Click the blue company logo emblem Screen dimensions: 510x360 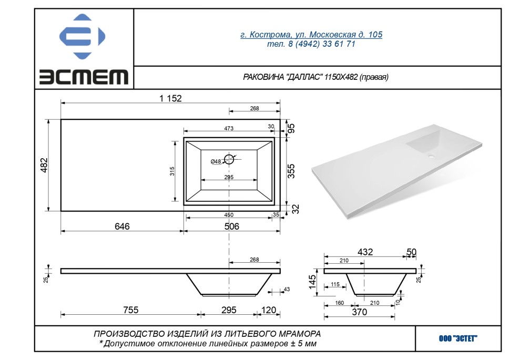pos(83,36)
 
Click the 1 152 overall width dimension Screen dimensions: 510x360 pos(170,98)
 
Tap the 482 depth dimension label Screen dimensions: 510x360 pos(44,165)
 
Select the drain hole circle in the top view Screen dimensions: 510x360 pos(229,159)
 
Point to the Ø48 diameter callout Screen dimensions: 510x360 pos(216,161)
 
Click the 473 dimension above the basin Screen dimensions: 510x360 pos(229,128)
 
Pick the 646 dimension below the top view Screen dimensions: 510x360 pos(122,226)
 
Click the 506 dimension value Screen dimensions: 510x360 pos(231,226)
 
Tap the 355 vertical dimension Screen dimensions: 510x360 pos(291,171)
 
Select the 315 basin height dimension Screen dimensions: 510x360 pos(172,171)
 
